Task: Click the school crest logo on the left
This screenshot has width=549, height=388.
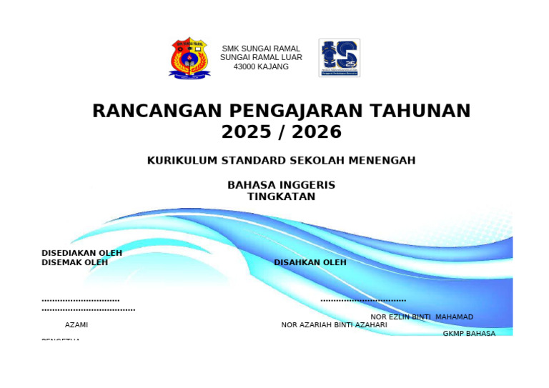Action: pyautogui.click(x=189, y=58)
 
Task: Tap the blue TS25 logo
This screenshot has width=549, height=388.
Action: pyautogui.click(x=339, y=58)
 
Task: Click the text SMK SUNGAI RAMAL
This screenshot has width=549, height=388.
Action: pyautogui.click(x=261, y=49)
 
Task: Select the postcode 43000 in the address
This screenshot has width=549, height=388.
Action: pyautogui.click(x=245, y=66)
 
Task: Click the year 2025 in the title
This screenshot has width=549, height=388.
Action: pyautogui.click(x=247, y=132)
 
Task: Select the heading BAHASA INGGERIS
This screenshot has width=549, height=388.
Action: pyautogui.click(x=281, y=185)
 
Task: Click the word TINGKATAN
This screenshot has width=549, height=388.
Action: pyautogui.click(x=281, y=197)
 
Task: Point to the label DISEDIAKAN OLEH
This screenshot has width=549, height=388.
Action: pyautogui.click(x=81, y=253)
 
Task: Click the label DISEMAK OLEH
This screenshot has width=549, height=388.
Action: pyautogui.click(x=74, y=262)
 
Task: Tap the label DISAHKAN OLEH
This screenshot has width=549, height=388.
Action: pyautogui.click(x=310, y=262)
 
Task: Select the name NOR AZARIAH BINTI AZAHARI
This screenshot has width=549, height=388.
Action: pyautogui.click(x=334, y=325)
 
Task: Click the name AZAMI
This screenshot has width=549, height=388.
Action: pyautogui.click(x=76, y=325)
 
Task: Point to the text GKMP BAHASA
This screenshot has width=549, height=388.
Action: pyautogui.click(x=469, y=334)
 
